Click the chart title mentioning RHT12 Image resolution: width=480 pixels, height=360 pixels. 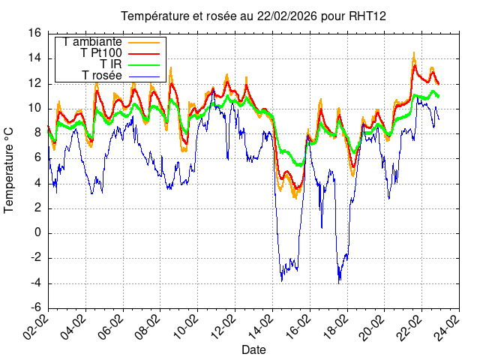click(253, 16)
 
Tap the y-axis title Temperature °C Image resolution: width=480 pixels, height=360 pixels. click(10, 169)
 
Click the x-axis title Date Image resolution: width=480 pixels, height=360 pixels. click(253, 349)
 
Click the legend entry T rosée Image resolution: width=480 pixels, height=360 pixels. click(102, 76)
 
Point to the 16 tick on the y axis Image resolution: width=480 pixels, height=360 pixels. click(34, 34)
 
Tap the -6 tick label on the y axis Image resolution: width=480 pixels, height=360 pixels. click(34, 308)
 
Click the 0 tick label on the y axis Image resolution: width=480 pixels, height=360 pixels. click(38, 233)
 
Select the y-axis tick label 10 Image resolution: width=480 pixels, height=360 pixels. click(34, 109)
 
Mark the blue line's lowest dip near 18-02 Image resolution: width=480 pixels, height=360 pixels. click(339, 283)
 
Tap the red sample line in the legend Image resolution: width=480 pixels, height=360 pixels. click(145, 53)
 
